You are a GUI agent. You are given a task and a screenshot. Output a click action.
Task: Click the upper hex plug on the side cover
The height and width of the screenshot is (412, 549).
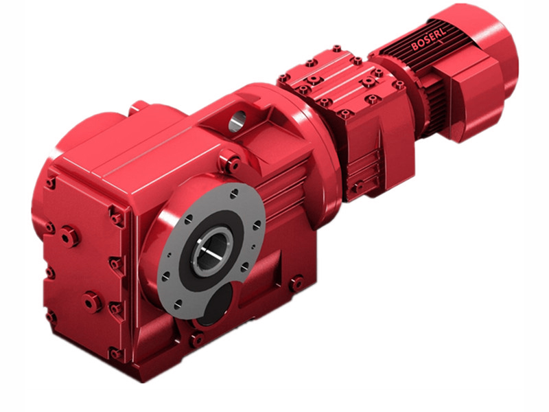pos(69,237)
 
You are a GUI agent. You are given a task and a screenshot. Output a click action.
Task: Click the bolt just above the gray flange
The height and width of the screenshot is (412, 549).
pos(232,164)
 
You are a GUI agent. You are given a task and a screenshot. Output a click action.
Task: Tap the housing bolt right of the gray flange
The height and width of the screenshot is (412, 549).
pos(296,283)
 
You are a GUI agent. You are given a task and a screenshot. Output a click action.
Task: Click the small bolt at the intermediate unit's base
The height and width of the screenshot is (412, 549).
pos(356,187)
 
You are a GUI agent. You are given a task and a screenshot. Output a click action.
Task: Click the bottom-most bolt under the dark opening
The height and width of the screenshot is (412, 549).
pos(198,339)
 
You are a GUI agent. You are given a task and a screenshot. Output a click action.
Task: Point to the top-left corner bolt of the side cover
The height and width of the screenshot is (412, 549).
pos(51,183)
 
